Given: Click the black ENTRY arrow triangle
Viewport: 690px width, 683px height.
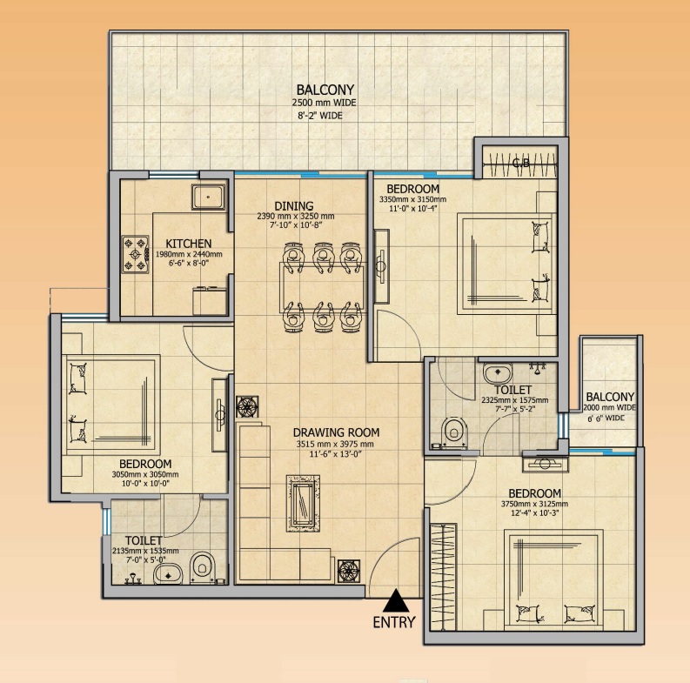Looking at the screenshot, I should tap(396, 601).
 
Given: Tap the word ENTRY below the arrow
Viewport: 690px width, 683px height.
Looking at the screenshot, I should tap(394, 622).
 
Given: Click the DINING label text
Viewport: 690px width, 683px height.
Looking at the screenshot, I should tap(295, 205).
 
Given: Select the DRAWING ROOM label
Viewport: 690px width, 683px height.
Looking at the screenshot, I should tap(336, 432).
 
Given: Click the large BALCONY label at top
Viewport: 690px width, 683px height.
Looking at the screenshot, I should tap(325, 90).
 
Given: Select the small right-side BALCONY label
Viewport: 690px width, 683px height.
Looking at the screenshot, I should tap(610, 396).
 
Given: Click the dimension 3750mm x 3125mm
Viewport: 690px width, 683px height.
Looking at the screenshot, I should tap(533, 504).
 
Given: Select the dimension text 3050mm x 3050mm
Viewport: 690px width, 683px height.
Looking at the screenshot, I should tap(144, 475).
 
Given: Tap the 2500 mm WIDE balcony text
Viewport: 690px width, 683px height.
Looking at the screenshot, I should tap(325, 103).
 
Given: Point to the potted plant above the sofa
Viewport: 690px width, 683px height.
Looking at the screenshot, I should tap(247, 407).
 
